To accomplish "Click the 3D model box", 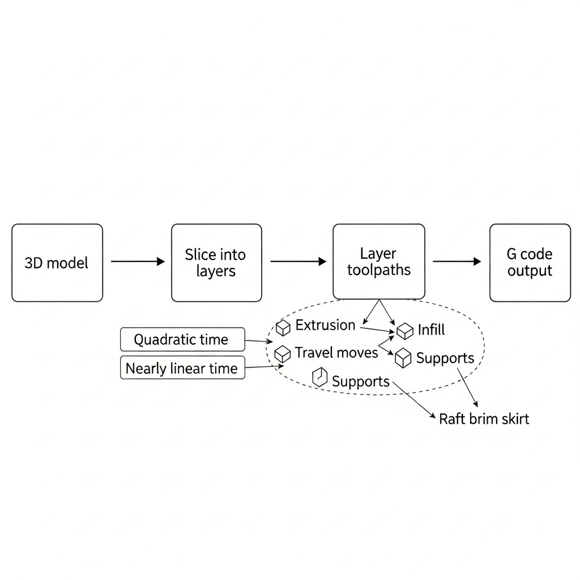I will pos(57,263).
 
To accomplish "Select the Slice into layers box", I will pos(216,263).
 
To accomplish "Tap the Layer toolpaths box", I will pos(378,261).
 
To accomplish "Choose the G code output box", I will pos(530,263).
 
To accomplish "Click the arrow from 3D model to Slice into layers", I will pos(137,262).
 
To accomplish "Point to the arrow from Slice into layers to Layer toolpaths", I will pos(298,262).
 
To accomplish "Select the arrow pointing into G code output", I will pos(457,262).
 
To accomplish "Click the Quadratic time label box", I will pos(182,340).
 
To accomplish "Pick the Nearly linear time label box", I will pos(182,369).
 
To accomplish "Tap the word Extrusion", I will pos(325,325).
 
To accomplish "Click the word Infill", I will pos(431,330).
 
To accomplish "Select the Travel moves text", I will pos(336,353).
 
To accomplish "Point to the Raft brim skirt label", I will pos(484,419).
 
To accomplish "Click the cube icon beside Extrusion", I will pos(283,327).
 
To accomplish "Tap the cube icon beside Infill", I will pos(405,331).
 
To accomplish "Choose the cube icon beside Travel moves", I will pos(282,354).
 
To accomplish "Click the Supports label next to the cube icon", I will pos(445,358).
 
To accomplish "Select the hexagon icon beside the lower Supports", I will pos(320,378).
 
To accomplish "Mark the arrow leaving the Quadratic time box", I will pos(258,341).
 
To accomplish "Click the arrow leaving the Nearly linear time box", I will pos(263,367).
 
